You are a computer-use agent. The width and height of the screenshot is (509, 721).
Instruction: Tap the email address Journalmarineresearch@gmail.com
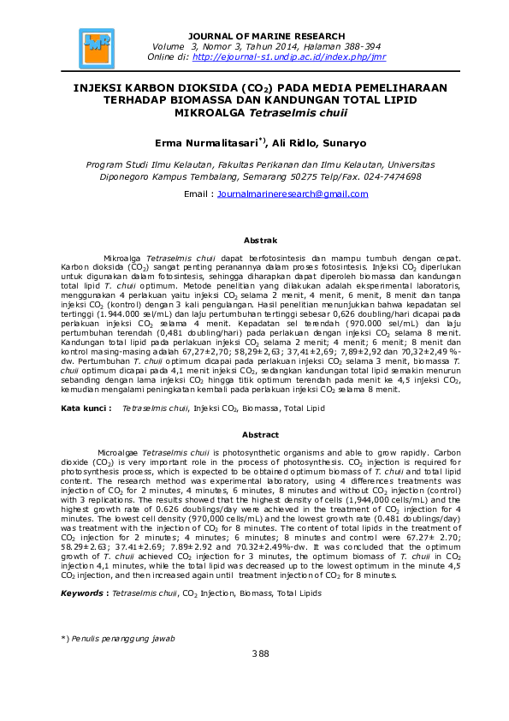click(293, 194)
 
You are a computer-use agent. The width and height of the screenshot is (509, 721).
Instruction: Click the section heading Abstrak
click(260, 241)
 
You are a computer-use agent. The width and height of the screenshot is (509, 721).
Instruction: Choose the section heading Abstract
click(260, 435)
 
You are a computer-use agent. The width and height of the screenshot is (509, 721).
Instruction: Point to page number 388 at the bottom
click(260, 654)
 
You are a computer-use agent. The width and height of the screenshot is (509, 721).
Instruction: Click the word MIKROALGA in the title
click(207, 111)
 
